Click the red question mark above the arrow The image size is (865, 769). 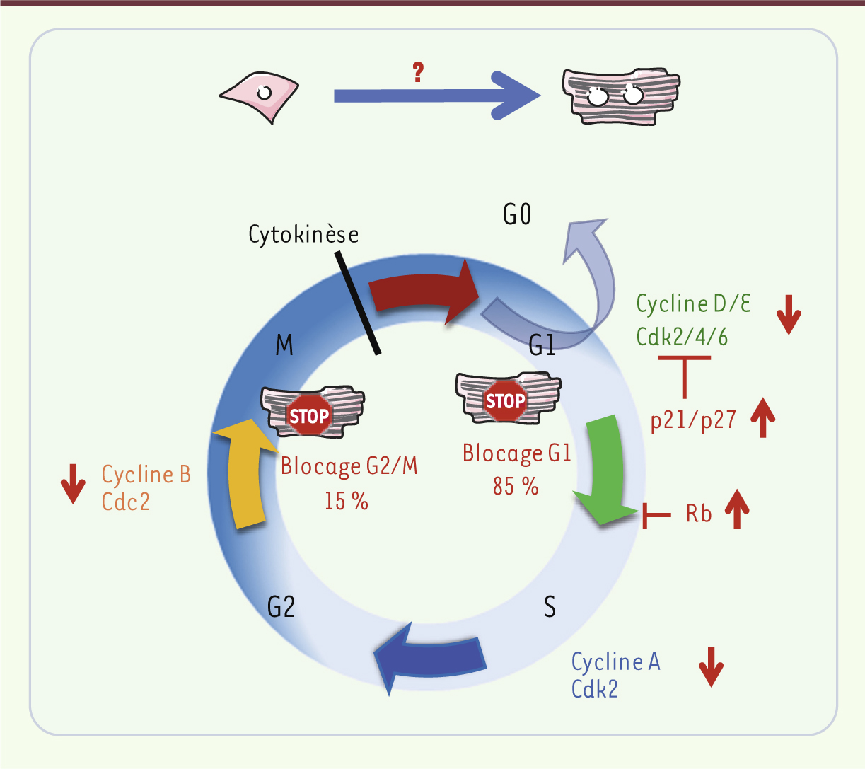[x=418, y=71]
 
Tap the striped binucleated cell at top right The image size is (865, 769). [x=620, y=97]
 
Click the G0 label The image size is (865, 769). [x=517, y=215]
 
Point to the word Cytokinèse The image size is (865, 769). [x=303, y=235]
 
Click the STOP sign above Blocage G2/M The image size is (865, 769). [x=309, y=415]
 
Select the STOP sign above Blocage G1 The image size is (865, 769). [x=505, y=401]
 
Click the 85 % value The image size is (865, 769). [x=516, y=487]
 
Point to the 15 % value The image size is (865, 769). [x=347, y=501]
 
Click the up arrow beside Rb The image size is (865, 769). [x=737, y=509]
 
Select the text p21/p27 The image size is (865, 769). [x=693, y=420]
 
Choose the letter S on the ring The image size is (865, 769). [x=550, y=607]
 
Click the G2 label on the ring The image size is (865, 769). [x=281, y=607]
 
